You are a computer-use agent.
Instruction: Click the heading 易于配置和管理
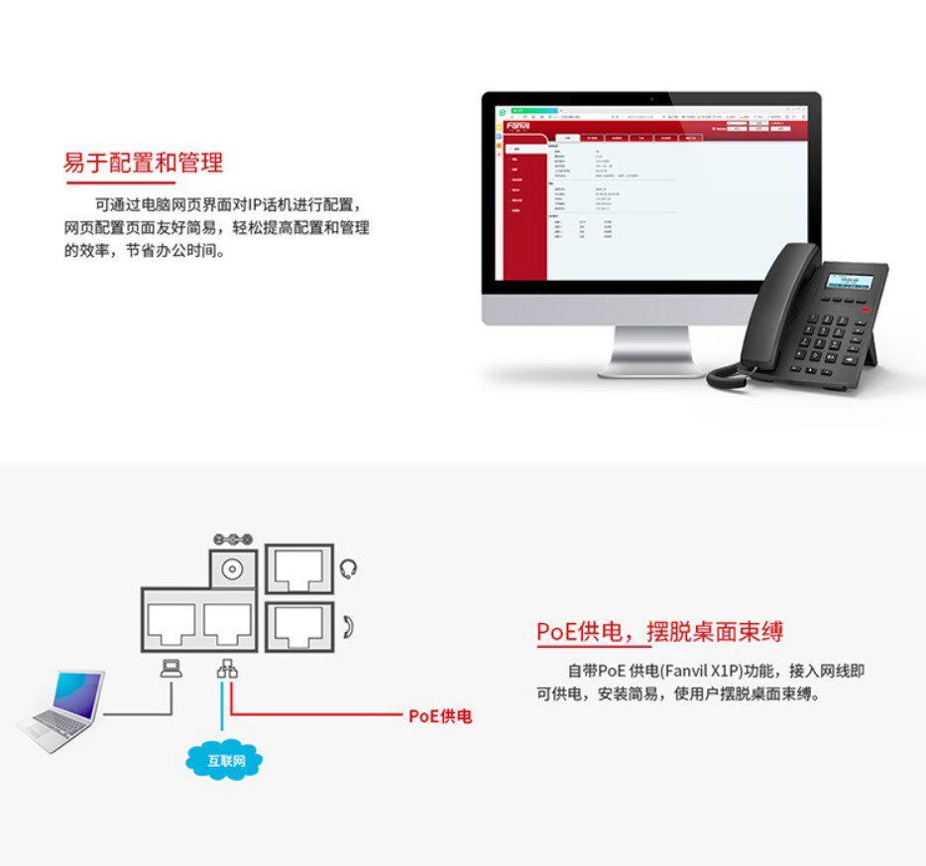click(x=143, y=163)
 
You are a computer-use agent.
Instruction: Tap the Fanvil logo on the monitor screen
click(x=519, y=126)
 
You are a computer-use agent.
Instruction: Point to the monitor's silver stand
click(x=650, y=352)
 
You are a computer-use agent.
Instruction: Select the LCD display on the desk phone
click(x=848, y=279)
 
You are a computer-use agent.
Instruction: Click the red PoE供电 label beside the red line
click(x=440, y=715)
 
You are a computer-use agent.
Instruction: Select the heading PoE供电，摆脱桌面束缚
click(x=660, y=631)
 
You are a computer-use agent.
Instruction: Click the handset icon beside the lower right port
click(x=348, y=627)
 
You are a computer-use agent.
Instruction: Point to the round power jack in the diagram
click(x=234, y=569)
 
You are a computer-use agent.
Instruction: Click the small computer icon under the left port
click(x=172, y=670)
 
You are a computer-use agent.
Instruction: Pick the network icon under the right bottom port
click(x=227, y=670)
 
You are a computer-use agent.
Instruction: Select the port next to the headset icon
click(x=299, y=568)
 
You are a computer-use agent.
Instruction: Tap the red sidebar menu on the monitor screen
click(x=525, y=208)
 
